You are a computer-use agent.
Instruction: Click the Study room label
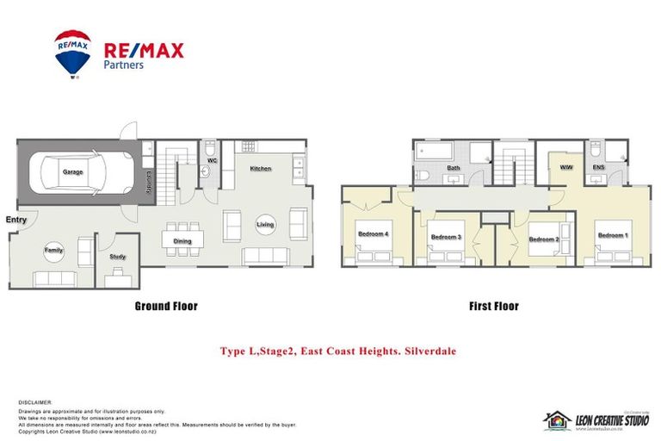click(x=119, y=257)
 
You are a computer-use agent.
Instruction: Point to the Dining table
click(x=182, y=241)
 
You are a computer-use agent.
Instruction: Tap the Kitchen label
click(x=261, y=169)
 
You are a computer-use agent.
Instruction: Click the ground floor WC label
click(x=211, y=159)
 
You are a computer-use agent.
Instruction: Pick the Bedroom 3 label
click(x=447, y=237)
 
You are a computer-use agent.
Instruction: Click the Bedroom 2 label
click(x=544, y=239)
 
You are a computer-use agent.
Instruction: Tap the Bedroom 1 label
click(x=613, y=235)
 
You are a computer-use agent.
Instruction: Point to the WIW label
click(x=566, y=166)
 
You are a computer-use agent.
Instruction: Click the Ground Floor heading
click(x=166, y=306)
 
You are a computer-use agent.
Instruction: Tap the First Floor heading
click(x=493, y=306)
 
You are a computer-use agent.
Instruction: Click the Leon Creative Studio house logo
click(x=557, y=419)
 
